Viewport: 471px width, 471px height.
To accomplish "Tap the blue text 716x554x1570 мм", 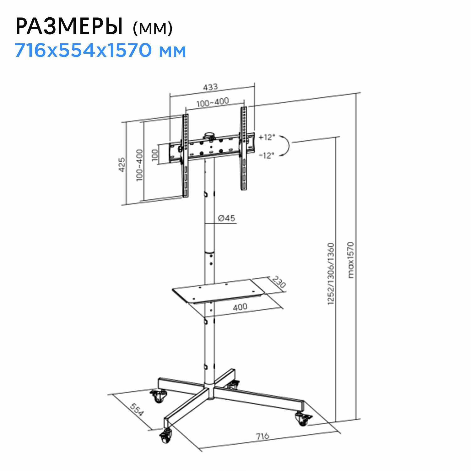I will coord(100,50).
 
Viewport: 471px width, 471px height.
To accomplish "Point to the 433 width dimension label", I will coord(210,87).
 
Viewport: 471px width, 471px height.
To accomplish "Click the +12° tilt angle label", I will coord(267,137).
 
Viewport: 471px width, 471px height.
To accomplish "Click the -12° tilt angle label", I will coord(267,155).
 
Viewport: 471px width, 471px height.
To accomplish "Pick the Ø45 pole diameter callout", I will coord(226,218).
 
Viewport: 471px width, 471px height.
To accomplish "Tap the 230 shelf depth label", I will coord(279,282).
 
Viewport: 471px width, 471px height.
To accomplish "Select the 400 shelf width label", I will coord(240,307).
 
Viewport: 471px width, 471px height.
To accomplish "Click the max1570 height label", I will coord(351,260).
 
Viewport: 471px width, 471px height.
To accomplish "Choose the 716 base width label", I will coord(262,436).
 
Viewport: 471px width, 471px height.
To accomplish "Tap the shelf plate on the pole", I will coord(217,290).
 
